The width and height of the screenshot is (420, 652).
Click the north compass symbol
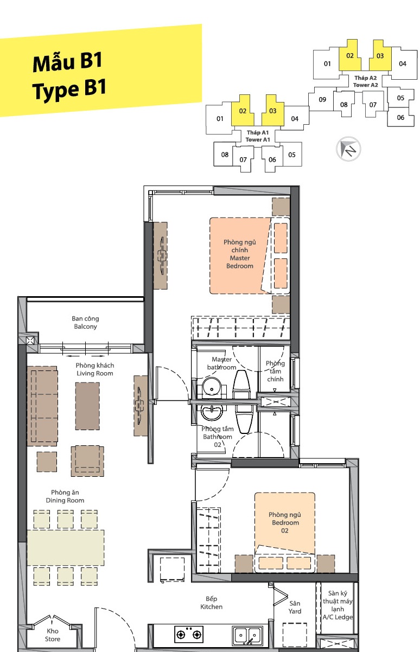pos(348,149)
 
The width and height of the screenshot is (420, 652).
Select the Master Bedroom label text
pos(240,254)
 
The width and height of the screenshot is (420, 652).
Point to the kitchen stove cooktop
pos(189,634)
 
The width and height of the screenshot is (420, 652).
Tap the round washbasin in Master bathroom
pos(212,388)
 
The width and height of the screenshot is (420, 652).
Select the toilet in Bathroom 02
pos(244,419)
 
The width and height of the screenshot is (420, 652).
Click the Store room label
pos(53,635)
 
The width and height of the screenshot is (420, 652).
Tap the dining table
pos(66,548)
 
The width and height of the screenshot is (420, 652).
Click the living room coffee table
pos(87,406)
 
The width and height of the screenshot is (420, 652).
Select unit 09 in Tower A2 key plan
pos(322,100)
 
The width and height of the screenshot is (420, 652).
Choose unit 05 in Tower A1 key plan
pos(292,155)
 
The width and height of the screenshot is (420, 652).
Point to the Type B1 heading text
pos(69,89)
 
